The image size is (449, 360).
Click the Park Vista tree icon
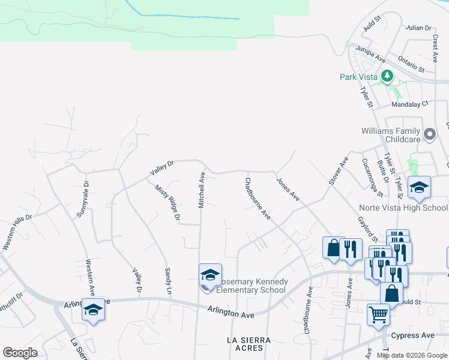click(x=388, y=76)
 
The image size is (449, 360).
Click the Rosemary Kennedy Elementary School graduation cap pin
click(x=210, y=275)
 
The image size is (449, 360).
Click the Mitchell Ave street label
click(x=202, y=189)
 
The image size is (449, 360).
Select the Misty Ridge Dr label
click(x=168, y=202)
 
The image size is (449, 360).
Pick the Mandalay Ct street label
click(x=410, y=104)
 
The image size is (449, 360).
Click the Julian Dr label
click(x=418, y=28)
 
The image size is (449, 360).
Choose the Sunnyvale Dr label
click(x=83, y=199)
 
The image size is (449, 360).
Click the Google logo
click(x=20, y=353)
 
